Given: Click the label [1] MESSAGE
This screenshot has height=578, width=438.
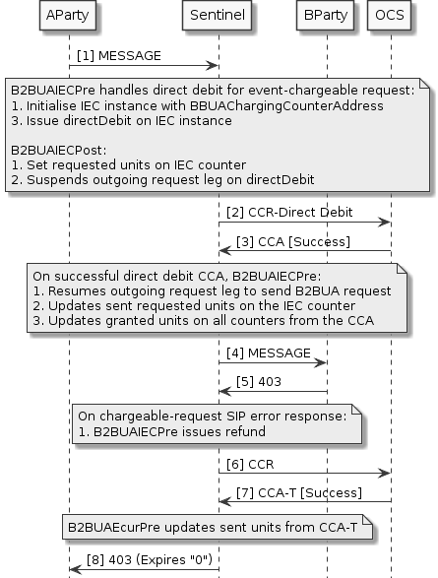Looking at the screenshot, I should pyautogui.click(x=119, y=57).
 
